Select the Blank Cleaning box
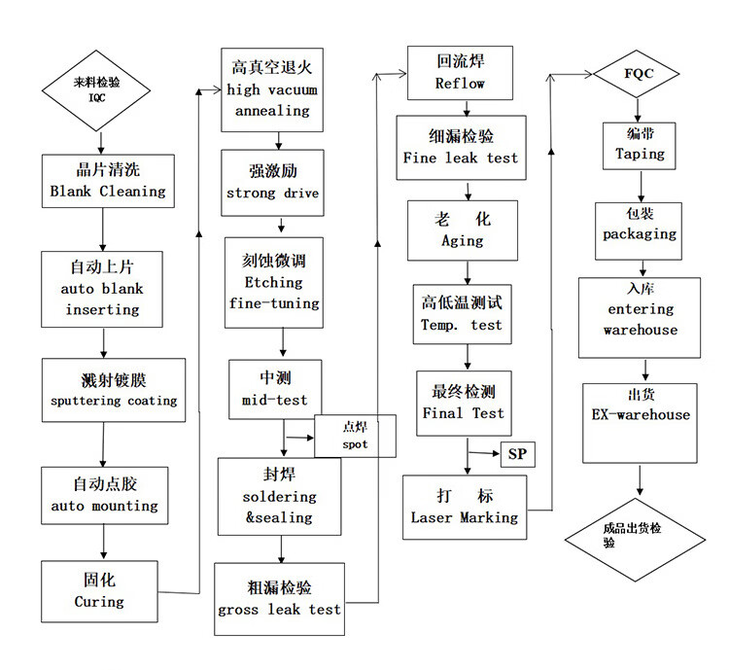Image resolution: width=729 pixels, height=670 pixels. tap(108, 180)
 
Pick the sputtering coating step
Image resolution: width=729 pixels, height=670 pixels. tap(114, 389)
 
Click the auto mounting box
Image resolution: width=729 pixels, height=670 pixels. tap(104, 495)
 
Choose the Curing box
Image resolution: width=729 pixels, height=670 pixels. tap(99, 591)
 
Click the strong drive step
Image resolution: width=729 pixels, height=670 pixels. tap(272, 182)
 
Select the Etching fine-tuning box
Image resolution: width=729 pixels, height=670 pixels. tap(273, 282)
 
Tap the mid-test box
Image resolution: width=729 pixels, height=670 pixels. tap(274, 388)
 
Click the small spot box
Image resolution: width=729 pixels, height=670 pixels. tap(355, 436)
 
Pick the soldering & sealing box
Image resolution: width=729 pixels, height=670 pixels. tap(280, 496)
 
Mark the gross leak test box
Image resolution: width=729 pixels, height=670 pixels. tap(279, 599)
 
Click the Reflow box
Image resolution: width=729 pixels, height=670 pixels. tap(460, 73)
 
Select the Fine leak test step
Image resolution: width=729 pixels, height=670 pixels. tap(461, 147)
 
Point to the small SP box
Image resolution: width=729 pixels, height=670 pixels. tap(517, 454)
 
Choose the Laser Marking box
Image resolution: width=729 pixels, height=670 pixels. tap(464, 507)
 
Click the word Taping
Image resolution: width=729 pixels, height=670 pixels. tap(640, 154)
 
